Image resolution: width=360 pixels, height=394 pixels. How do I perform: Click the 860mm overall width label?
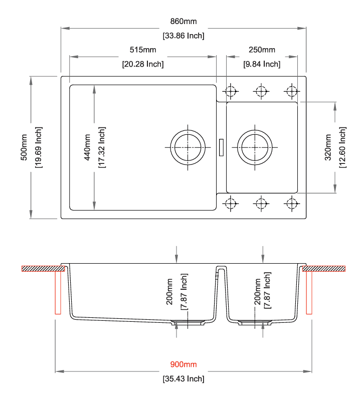(184, 22)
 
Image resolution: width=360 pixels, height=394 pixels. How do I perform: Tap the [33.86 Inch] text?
(184, 36)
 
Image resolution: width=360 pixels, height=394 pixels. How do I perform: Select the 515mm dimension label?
(143, 50)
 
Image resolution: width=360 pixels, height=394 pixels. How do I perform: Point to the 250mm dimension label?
(262, 50)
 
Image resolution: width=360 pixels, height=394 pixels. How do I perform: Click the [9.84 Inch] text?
(262, 64)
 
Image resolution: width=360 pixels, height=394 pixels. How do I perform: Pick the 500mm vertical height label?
(24, 147)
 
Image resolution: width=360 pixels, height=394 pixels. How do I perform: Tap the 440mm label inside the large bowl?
(87, 147)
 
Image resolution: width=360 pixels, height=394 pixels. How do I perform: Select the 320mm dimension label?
(328, 147)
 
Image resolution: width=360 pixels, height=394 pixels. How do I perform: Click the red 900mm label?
(184, 364)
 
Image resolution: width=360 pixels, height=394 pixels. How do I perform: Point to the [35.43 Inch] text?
(184, 378)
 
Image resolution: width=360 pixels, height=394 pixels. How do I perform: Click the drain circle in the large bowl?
(188, 130)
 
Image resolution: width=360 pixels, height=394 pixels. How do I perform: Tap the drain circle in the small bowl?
(255, 130)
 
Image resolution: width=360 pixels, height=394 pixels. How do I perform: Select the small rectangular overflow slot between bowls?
(221, 147)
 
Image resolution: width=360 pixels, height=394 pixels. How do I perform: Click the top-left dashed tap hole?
(231, 91)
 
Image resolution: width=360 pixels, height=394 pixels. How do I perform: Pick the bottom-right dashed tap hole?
(292, 204)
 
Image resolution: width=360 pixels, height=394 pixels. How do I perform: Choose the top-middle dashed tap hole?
(261, 91)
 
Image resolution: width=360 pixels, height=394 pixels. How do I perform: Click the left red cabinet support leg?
(58, 293)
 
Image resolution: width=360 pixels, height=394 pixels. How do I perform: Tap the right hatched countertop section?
(324, 269)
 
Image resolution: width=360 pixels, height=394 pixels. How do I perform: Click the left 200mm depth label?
(169, 291)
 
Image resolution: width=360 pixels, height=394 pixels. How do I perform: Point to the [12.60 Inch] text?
(342, 147)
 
